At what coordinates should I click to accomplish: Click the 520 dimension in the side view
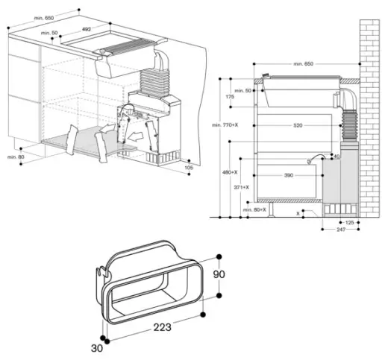(x=298, y=126)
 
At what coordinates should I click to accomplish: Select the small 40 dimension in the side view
(x=337, y=157)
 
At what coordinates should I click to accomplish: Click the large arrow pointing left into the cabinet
(x=137, y=137)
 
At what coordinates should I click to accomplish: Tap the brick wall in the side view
(x=370, y=112)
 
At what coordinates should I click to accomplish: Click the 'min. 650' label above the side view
(x=303, y=64)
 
